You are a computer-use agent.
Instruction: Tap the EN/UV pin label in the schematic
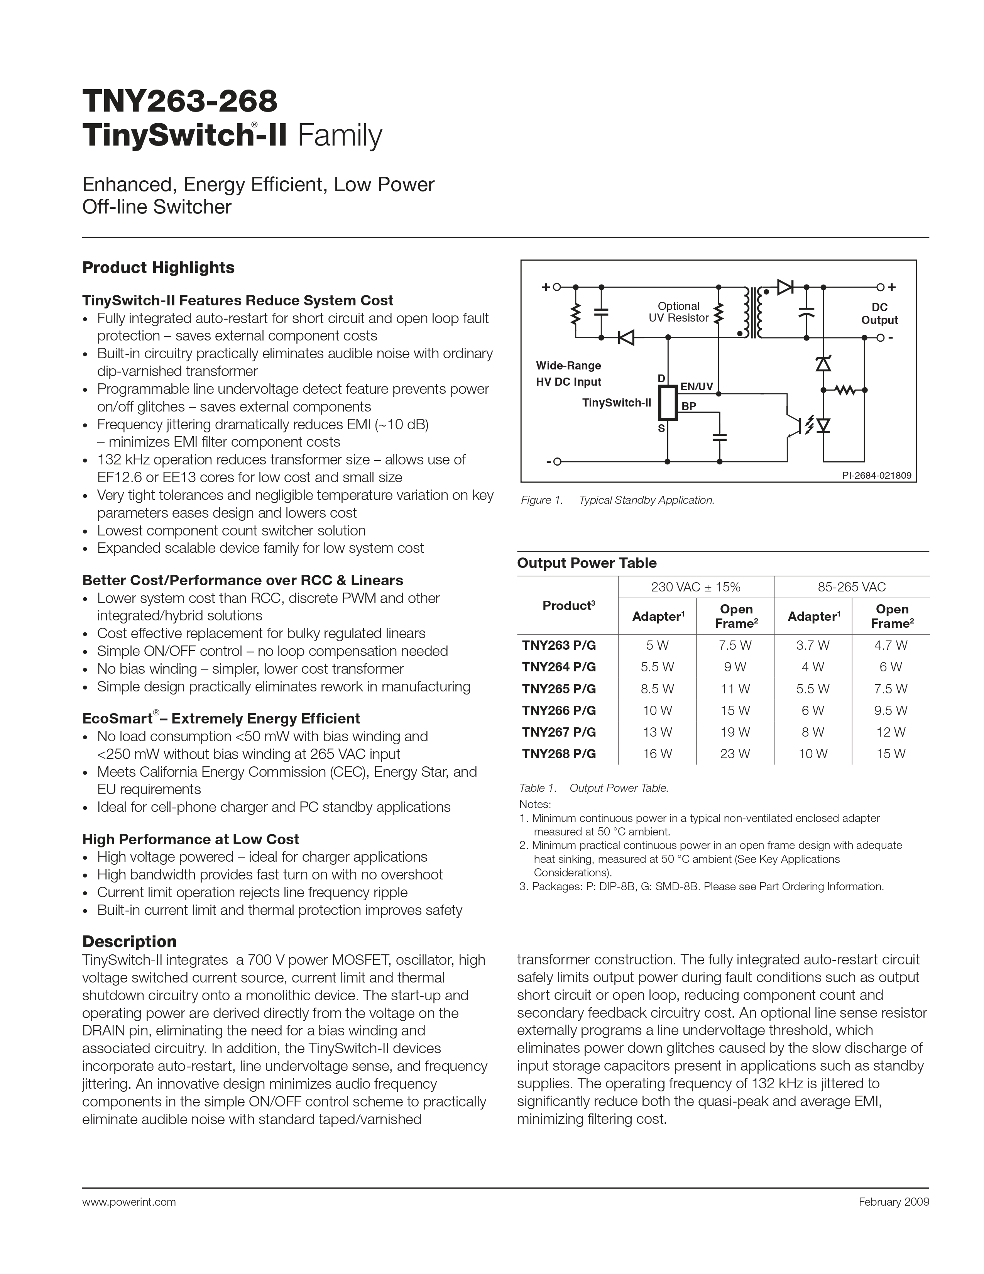[697, 386]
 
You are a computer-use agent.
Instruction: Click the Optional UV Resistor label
[678, 312]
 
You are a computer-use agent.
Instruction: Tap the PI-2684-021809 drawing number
[876, 475]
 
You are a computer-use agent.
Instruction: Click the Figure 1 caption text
[617, 500]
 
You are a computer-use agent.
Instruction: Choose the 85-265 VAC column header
[851, 587]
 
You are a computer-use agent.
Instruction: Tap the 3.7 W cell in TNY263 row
[813, 645]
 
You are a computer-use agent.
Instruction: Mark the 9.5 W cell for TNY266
[890, 710]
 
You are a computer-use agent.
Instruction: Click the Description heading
[129, 942]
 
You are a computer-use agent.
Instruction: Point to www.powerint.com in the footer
[129, 1202]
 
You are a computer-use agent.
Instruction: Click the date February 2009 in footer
[894, 1202]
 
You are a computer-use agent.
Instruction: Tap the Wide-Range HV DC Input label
[568, 373]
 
